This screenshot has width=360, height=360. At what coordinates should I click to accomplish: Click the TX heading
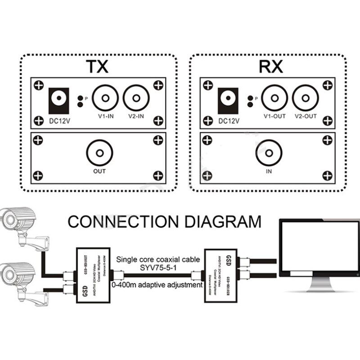(x=97, y=67)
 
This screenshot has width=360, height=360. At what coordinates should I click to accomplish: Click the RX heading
(x=271, y=67)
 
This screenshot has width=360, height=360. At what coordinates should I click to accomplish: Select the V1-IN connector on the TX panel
(x=105, y=98)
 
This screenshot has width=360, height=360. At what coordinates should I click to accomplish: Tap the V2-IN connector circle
(x=136, y=98)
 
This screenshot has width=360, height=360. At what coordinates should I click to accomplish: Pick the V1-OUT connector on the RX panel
(x=274, y=98)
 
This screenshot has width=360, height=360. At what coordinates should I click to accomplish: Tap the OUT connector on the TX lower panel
(x=99, y=152)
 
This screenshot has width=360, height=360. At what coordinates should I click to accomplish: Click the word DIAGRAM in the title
(x=225, y=221)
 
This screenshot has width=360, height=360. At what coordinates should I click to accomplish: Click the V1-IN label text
(x=105, y=116)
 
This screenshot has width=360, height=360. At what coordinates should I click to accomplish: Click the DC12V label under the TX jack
(x=59, y=121)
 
